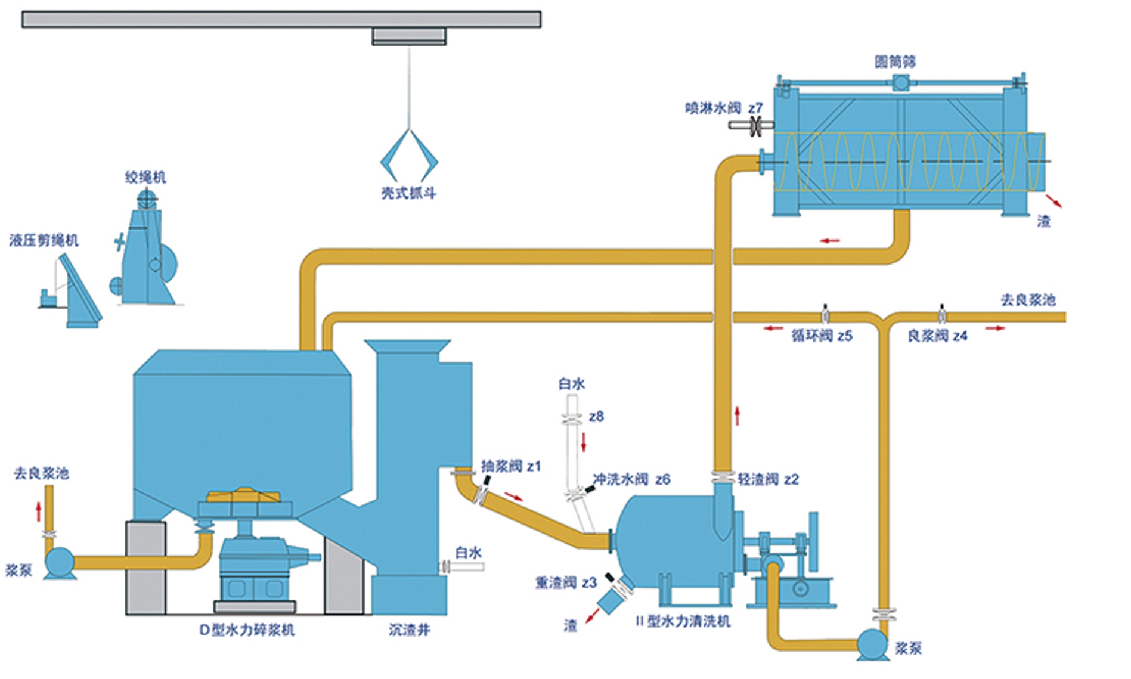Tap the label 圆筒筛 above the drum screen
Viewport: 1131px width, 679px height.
895,62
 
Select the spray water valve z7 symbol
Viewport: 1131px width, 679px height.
755,125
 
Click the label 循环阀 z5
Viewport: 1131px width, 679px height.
822,336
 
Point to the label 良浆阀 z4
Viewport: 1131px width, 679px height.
937,336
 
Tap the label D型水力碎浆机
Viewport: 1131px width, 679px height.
247,630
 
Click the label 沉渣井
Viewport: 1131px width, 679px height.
409,630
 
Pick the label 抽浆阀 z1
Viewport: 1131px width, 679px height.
511,466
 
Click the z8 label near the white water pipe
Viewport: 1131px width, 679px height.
596,417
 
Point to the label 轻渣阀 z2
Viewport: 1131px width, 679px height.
768,479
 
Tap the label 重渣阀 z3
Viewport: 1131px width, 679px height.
566,583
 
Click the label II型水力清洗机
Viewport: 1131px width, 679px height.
683,622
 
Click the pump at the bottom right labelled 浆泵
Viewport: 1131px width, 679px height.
872,644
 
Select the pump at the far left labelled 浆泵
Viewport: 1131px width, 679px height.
60,562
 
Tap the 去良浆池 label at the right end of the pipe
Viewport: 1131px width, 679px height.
1028,300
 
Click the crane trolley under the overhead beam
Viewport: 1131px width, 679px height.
409,36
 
